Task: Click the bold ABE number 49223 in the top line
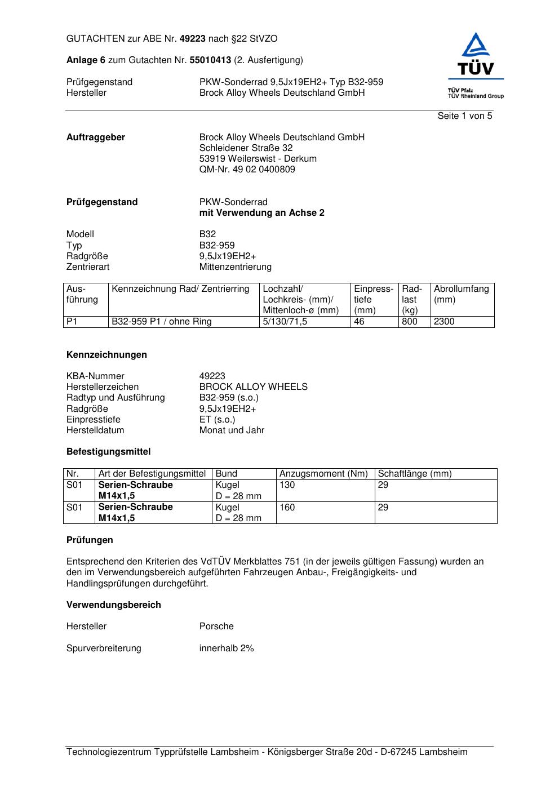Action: pyautogui.click(x=193, y=39)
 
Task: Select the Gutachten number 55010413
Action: pyautogui.click(x=210, y=60)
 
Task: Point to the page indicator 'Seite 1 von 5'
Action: pyautogui.click(x=464, y=116)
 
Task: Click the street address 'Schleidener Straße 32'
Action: pyautogui.click(x=246, y=148)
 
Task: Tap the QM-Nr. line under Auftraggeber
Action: pyautogui.click(x=247, y=170)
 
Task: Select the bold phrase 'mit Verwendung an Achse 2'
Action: pyautogui.click(x=261, y=213)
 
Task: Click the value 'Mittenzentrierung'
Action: pyautogui.click(x=235, y=267)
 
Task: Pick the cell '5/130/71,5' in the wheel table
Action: pyautogui.click(x=285, y=322)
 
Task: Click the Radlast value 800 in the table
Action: pyautogui.click(x=409, y=322)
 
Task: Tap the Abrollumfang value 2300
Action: pyautogui.click(x=443, y=322)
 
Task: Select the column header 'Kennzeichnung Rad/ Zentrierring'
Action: pyautogui.click(x=180, y=289)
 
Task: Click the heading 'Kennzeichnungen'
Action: pyautogui.click(x=107, y=355)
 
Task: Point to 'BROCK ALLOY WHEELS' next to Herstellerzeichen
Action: pyautogui.click(x=253, y=387)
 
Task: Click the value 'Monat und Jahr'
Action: pyautogui.click(x=232, y=430)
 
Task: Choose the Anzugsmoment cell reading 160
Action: pyautogui.click(x=287, y=508)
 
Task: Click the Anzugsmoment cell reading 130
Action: pyautogui.click(x=287, y=485)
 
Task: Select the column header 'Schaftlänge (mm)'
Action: pyautogui.click(x=414, y=474)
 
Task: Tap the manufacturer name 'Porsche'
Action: pyautogui.click(x=216, y=626)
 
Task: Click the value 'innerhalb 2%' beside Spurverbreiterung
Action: pyautogui.click(x=227, y=648)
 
